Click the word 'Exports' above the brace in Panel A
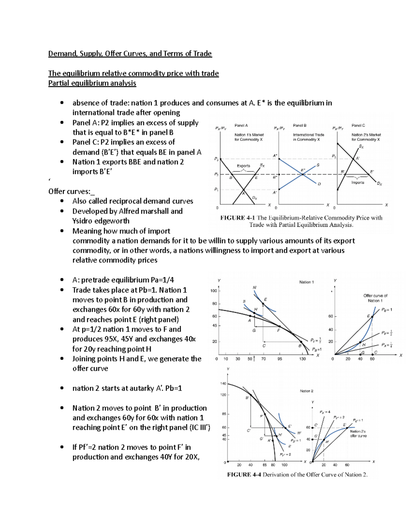243,166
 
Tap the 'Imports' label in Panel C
358,183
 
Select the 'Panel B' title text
299,125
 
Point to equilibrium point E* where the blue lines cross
302,174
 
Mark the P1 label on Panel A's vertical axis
216,189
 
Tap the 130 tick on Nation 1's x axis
302,359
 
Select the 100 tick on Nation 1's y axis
213,291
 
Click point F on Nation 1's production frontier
279,326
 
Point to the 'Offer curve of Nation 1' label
375,298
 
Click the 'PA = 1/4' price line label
387,345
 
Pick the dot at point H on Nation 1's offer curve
360,342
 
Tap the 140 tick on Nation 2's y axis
223,384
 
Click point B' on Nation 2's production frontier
251,395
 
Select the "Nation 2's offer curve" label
358,434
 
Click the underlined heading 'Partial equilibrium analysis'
92,83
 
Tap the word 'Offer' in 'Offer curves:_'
57,191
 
